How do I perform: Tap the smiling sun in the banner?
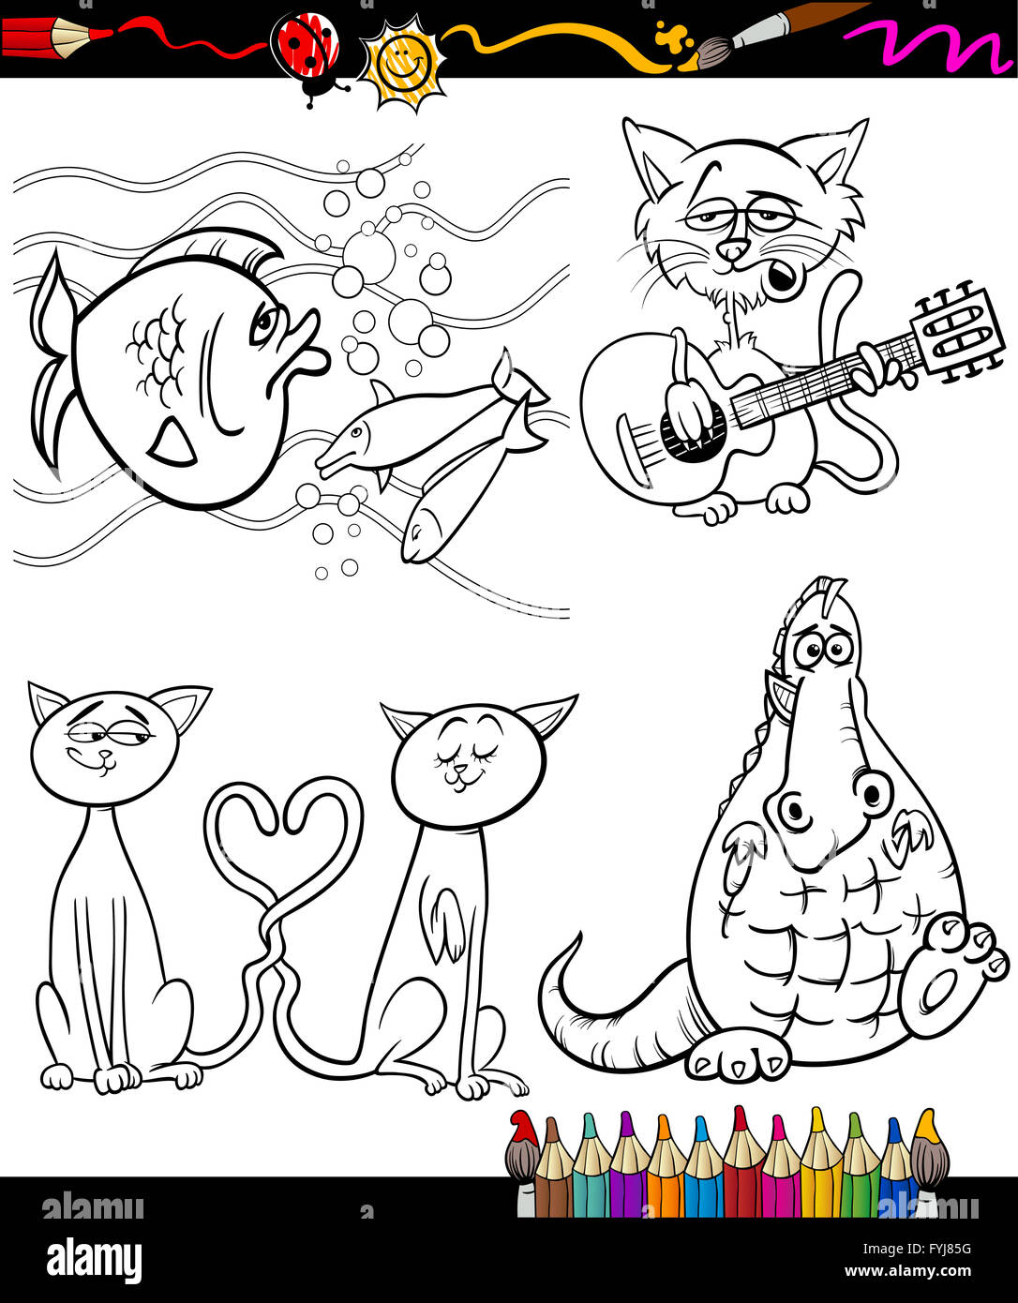[x=402, y=63]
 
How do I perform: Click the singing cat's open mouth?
[x=782, y=277]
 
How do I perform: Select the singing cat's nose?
[x=735, y=249]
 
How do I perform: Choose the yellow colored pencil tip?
[x=817, y=1121]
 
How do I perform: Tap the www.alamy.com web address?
[x=907, y=1271]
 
